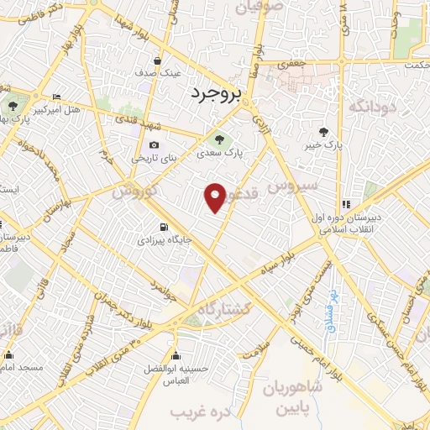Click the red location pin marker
[x=216, y=197]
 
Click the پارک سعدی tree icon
[x=219, y=139]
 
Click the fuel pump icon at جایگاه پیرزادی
[x=163, y=227]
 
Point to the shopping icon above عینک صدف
[x=158, y=60]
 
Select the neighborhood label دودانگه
[x=370, y=107]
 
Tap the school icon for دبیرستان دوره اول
[x=345, y=203]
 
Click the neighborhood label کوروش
[x=135, y=191]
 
